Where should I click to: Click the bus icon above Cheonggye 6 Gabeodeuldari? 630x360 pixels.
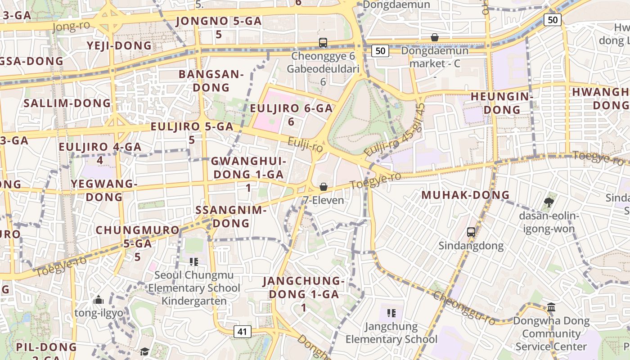pos(323,43)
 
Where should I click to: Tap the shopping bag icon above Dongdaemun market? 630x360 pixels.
pos(435,37)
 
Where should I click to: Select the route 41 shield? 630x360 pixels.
pos(242,332)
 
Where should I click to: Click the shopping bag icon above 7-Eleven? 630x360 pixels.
pos(323,187)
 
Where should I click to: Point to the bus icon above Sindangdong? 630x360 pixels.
pos(471,232)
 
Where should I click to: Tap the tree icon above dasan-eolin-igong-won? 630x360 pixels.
pos(549,202)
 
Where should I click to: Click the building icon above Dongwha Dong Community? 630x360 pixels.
pos(551,307)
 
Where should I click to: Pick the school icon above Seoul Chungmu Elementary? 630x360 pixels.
pos(194,261)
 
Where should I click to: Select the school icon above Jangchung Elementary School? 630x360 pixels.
pos(391,313)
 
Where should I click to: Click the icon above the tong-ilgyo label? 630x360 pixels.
pos(99,300)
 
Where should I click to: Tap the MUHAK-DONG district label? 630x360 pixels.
pos(465,195)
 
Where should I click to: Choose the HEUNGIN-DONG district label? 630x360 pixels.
pos(502,103)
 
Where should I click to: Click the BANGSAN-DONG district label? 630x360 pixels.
pos(211,81)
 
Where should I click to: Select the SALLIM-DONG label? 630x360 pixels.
pos(67,103)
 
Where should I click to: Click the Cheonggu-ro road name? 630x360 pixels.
pos(464,308)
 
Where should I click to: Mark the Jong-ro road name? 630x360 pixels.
pos(71,27)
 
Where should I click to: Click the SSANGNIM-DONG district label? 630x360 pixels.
pos(231,216)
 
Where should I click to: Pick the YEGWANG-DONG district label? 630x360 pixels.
pos(104,190)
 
